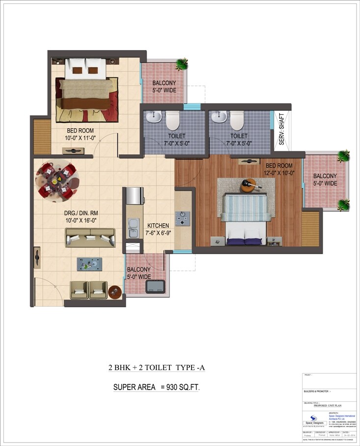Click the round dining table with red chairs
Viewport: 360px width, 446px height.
(56, 180)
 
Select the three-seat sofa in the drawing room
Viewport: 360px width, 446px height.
(90, 237)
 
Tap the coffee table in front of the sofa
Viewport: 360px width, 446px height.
(89, 264)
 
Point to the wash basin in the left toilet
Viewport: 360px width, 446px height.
(153, 117)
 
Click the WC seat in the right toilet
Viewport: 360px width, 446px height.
(237, 119)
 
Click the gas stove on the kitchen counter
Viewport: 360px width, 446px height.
(183, 217)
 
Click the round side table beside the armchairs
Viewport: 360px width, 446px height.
(115, 291)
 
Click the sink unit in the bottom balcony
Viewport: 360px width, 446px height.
(156, 286)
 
